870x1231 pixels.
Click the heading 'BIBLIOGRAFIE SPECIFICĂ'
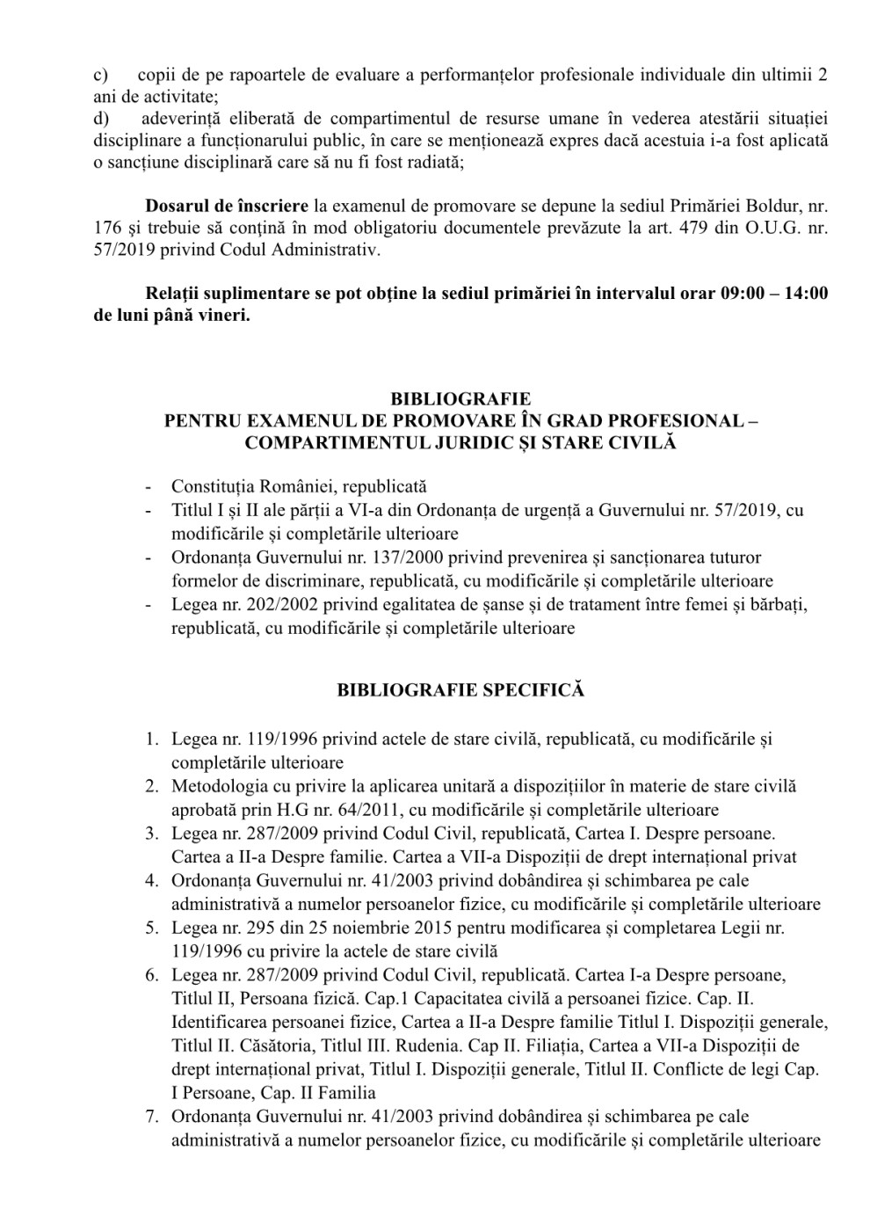(x=460, y=690)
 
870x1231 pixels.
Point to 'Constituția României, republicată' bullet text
(x=299, y=486)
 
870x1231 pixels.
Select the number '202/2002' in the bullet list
(x=260, y=605)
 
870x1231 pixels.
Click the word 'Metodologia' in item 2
(x=214, y=786)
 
